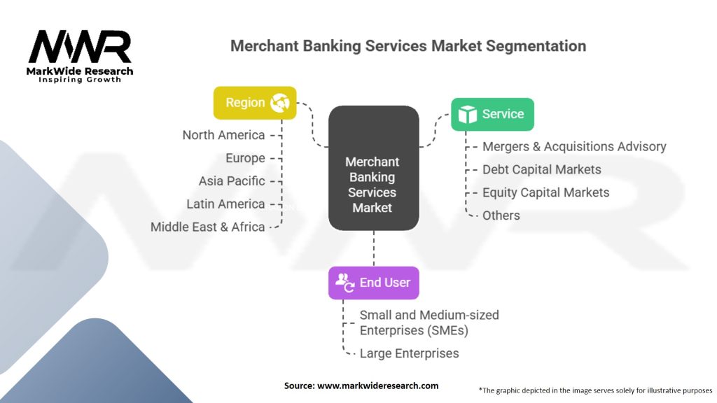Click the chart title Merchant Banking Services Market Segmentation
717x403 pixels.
(408, 46)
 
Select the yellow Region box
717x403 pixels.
(255, 103)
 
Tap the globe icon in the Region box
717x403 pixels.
(279, 103)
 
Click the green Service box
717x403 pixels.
(492, 114)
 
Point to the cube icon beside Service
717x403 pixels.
(467, 114)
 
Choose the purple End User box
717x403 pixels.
(373, 283)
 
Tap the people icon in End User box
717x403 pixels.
(344, 283)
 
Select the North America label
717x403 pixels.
(223, 135)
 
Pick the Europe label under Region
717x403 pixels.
(245, 158)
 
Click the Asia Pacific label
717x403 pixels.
(232, 181)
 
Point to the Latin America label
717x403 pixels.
(225, 204)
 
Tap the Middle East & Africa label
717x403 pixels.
(207, 227)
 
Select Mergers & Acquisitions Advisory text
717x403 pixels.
(574, 147)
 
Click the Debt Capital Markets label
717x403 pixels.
(541, 169)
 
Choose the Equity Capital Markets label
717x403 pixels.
(545, 192)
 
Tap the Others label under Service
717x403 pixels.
(501, 215)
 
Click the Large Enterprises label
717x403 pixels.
(409, 353)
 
